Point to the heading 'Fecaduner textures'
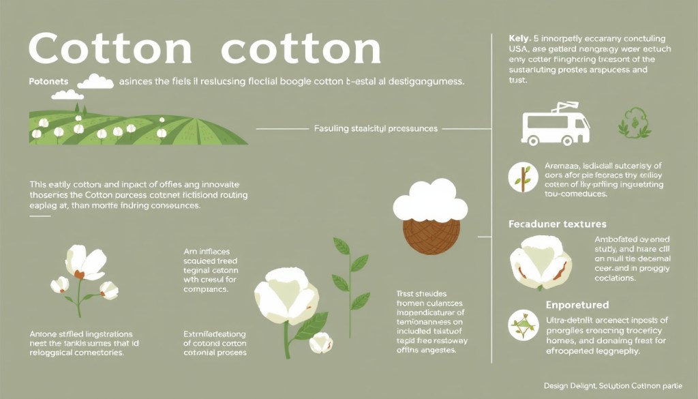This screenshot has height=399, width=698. pyautogui.click(x=558, y=224)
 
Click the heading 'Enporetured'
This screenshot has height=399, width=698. pyautogui.click(x=577, y=305)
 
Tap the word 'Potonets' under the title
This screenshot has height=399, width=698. pyautogui.click(x=49, y=81)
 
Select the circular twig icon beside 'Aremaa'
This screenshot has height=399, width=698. pyautogui.click(x=523, y=177)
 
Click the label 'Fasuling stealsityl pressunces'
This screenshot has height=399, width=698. pyautogui.click(x=376, y=128)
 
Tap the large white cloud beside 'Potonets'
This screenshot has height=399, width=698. pyautogui.click(x=96, y=81)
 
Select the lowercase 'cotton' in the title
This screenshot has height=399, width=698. pyautogui.click(x=301, y=49)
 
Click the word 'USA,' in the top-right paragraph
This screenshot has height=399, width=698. pyautogui.click(x=521, y=49)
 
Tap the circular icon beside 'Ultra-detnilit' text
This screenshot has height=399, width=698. pyautogui.click(x=523, y=324)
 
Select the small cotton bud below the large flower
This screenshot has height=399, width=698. pyautogui.click(x=320, y=343)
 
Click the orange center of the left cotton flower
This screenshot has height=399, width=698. pyautogui.click(x=80, y=274)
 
